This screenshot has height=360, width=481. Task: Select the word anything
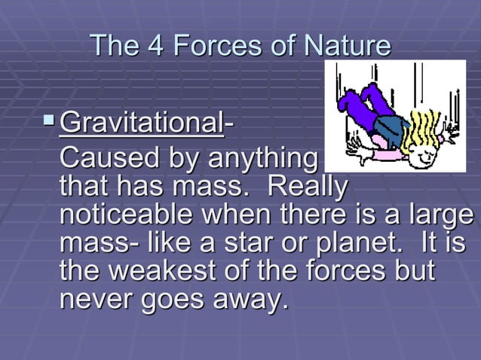(x=260, y=160)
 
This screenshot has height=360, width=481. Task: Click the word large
(x=444, y=214)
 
